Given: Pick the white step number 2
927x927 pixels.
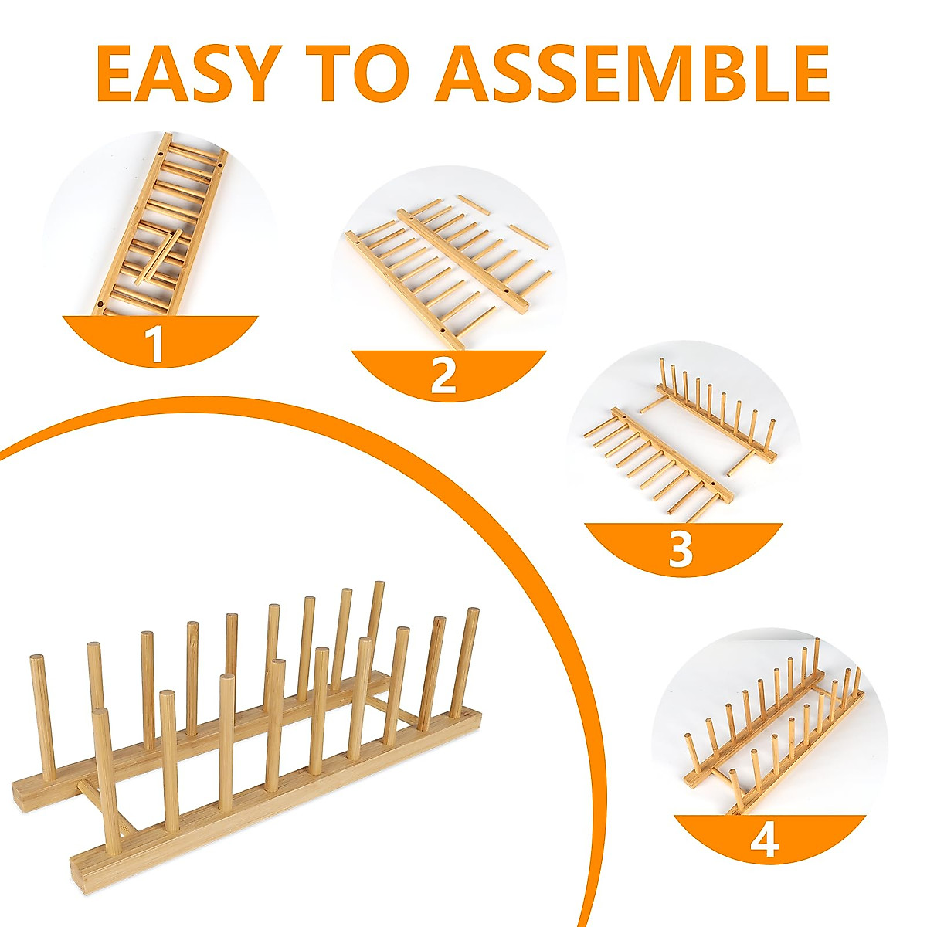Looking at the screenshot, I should [x=444, y=376].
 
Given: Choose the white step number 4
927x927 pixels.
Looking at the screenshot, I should [x=764, y=840].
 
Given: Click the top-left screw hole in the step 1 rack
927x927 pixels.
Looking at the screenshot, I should [x=160, y=153].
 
